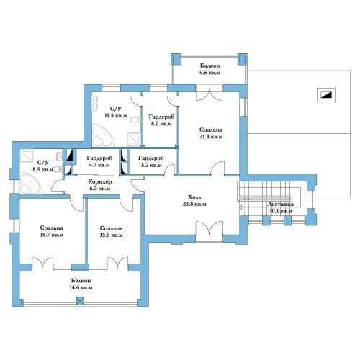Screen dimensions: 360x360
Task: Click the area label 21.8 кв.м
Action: (x=211, y=137)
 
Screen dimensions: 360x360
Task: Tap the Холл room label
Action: (x=194, y=197)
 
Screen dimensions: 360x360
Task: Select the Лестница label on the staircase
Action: (x=280, y=204)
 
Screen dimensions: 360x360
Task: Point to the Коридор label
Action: (x=100, y=181)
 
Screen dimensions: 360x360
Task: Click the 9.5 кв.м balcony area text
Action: (x=210, y=73)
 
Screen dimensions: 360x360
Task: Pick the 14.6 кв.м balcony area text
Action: (x=81, y=287)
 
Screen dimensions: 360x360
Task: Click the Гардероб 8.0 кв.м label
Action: (x=161, y=120)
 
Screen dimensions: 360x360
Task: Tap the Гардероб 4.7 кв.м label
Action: (x=99, y=161)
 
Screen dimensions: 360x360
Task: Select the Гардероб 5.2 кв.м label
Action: (x=150, y=161)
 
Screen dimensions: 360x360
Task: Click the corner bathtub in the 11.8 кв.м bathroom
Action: (x=102, y=135)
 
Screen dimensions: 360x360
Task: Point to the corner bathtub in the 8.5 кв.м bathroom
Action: (x=30, y=183)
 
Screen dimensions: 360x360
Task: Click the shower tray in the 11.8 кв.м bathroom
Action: (x=133, y=139)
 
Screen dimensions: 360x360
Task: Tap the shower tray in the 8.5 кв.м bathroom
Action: (x=27, y=156)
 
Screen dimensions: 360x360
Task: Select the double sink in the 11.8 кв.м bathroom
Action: (x=95, y=103)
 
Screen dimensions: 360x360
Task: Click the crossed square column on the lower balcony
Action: (x=81, y=301)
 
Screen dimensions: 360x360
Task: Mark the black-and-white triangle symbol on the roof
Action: (x=326, y=95)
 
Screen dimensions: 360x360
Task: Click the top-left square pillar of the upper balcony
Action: (x=176, y=59)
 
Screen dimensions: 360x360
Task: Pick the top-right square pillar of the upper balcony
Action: (x=242, y=59)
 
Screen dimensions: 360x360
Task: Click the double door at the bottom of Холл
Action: (x=210, y=231)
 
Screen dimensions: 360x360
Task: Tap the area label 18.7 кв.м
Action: (x=52, y=235)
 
